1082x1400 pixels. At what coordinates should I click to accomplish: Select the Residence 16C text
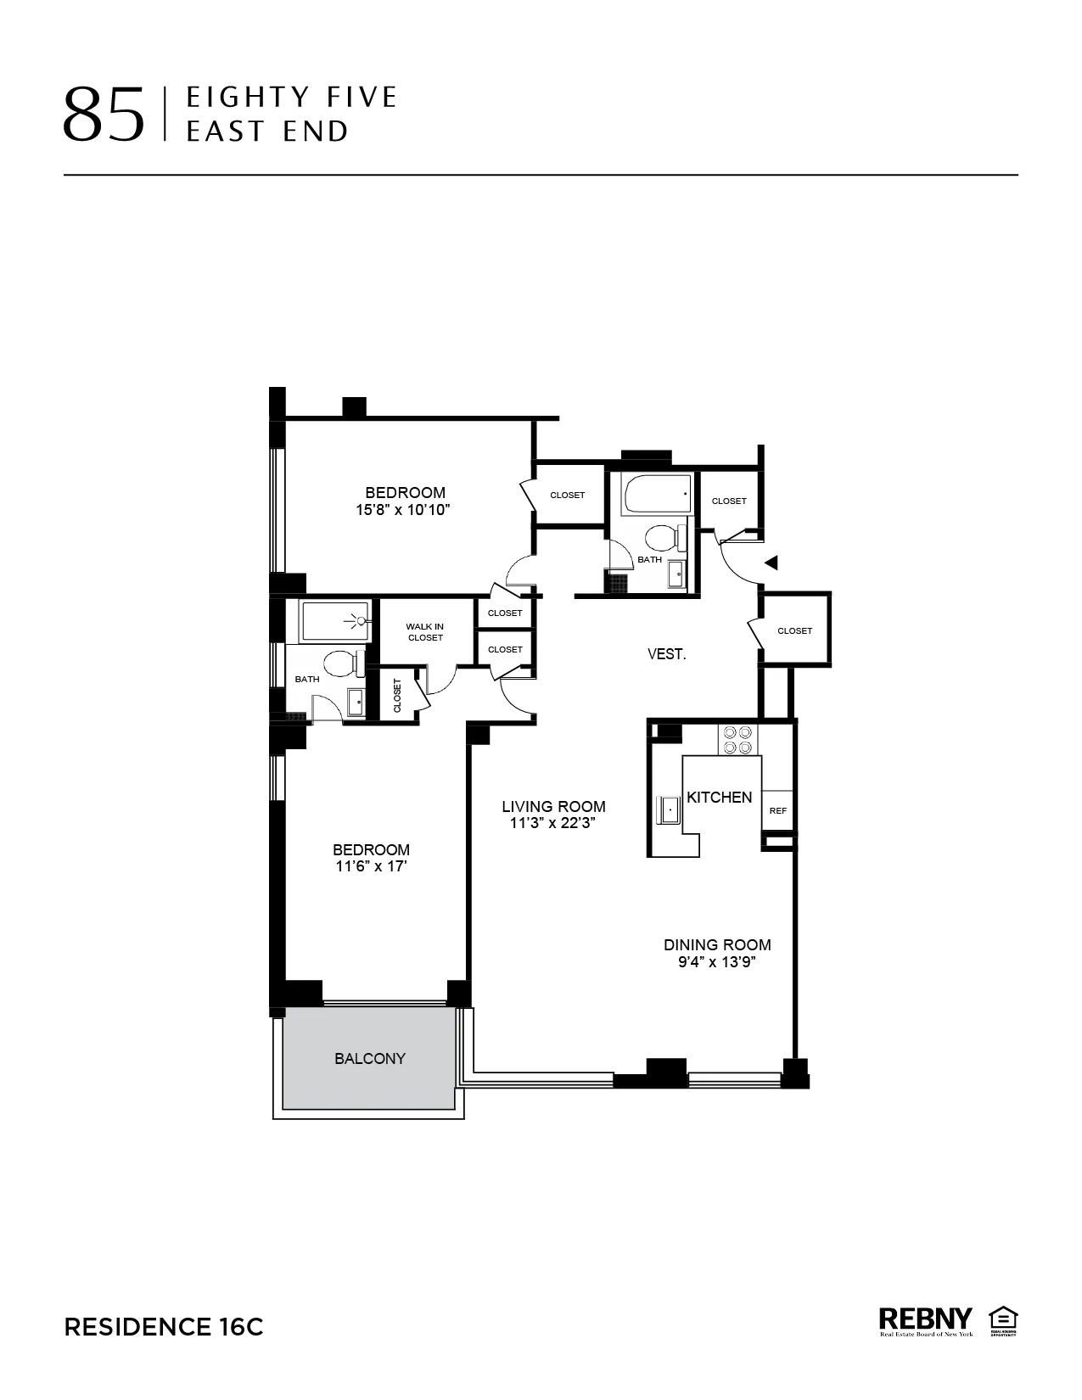pyautogui.click(x=164, y=1327)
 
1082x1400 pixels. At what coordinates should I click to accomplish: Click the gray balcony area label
pyautogui.click(x=370, y=1058)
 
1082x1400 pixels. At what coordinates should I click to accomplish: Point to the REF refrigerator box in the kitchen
pyautogui.click(x=777, y=810)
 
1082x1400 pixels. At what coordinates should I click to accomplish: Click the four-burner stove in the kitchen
pyautogui.click(x=737, y=739)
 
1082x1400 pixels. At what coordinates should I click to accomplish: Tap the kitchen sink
pyautogui.click(x=670, y=810)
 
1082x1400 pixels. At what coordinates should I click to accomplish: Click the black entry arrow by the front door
pyautogui.click(x=771, y=562)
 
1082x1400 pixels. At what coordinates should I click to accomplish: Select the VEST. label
pyautogui.click(x=666, y=654)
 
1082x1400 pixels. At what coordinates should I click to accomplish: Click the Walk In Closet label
pyautogui.click(x=425, y=632)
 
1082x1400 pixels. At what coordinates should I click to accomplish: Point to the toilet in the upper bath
pyautogui.click(x=663, y=537)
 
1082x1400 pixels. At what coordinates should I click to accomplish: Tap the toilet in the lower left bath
pyautogui.click(x=342, y=663)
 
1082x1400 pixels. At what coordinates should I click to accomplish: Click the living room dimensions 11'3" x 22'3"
pyautogui.click(x=553, y=823)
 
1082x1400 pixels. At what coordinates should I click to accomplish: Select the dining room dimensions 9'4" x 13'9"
pyautogui.click(x=717, y=962)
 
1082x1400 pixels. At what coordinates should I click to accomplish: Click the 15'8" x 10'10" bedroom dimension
pyautogui.click(x=404, y=510)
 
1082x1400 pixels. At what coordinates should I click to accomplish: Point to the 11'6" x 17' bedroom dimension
pyautogui.click(x=371, y=866)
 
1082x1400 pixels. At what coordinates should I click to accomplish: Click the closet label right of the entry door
pyautogui.click(x=794, y=630)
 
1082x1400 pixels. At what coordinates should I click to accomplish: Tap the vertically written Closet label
pyautogui.click(x=397, y=696)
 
